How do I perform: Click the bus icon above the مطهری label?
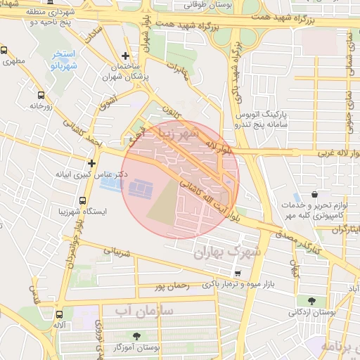(x=4, y=51)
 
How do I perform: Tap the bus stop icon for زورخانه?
(x=40, y=95)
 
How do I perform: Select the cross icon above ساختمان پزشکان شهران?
(x=125, y=56)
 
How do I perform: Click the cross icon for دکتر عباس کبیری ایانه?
(x=91, y=162)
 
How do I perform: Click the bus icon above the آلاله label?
(x=59, y=315)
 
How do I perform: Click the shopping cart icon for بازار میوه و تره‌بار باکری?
(x=238, y=274)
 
